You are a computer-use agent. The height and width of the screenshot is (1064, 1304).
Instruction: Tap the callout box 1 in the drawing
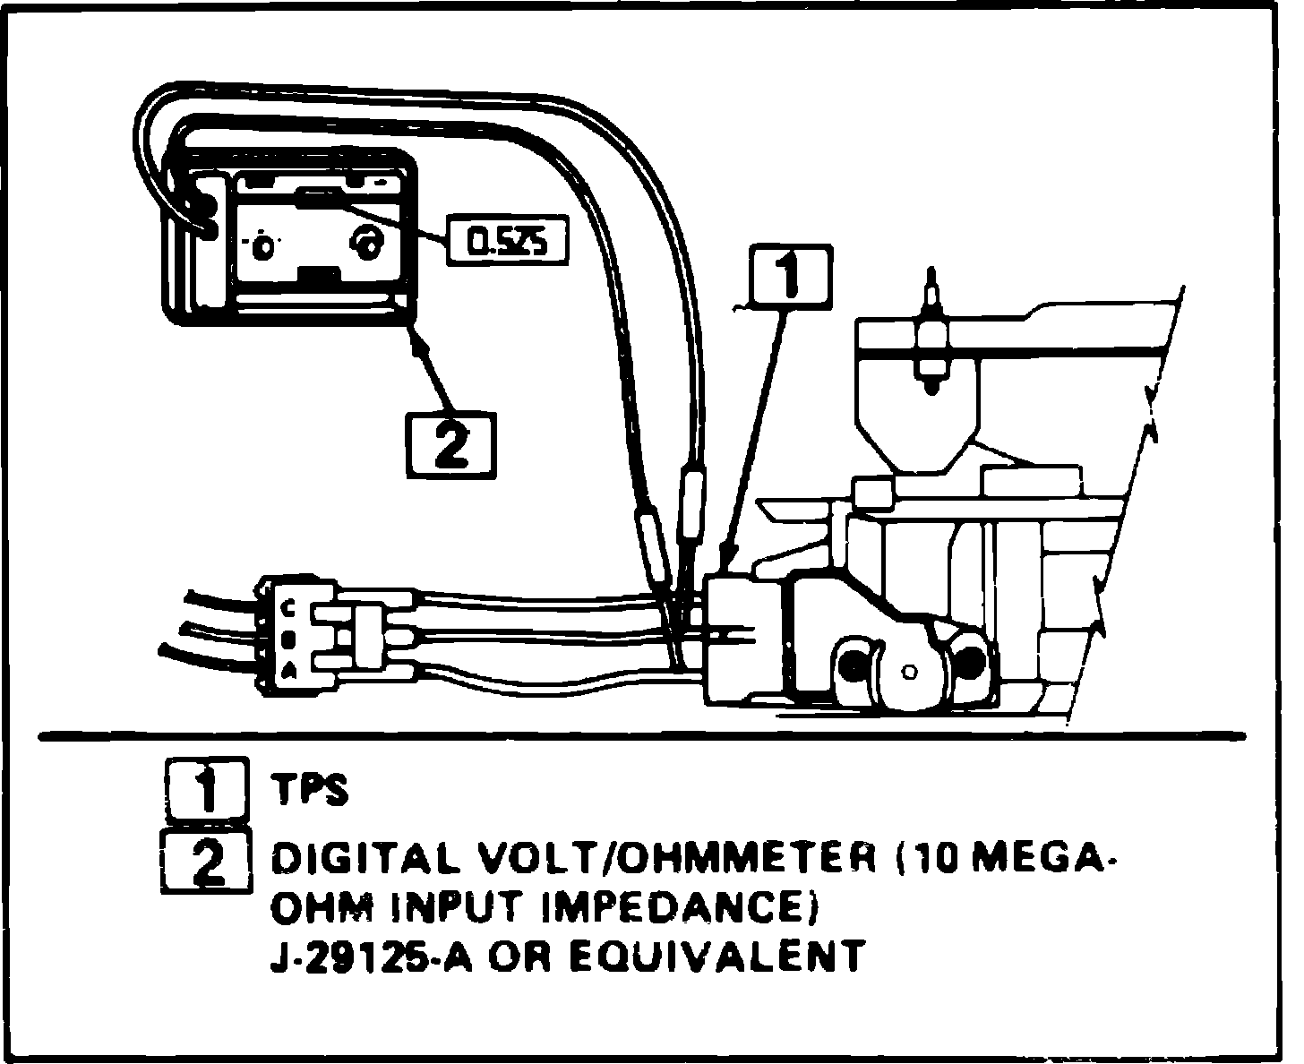790,277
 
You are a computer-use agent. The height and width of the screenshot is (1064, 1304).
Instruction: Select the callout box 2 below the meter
451,445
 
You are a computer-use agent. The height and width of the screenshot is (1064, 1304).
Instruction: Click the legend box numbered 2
207,862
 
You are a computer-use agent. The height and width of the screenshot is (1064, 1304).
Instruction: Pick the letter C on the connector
288,609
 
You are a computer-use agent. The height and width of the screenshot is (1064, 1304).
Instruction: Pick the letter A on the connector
288,671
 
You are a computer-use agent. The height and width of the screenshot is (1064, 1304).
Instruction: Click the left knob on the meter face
264,245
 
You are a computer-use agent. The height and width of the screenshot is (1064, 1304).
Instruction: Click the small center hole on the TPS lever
910,672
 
